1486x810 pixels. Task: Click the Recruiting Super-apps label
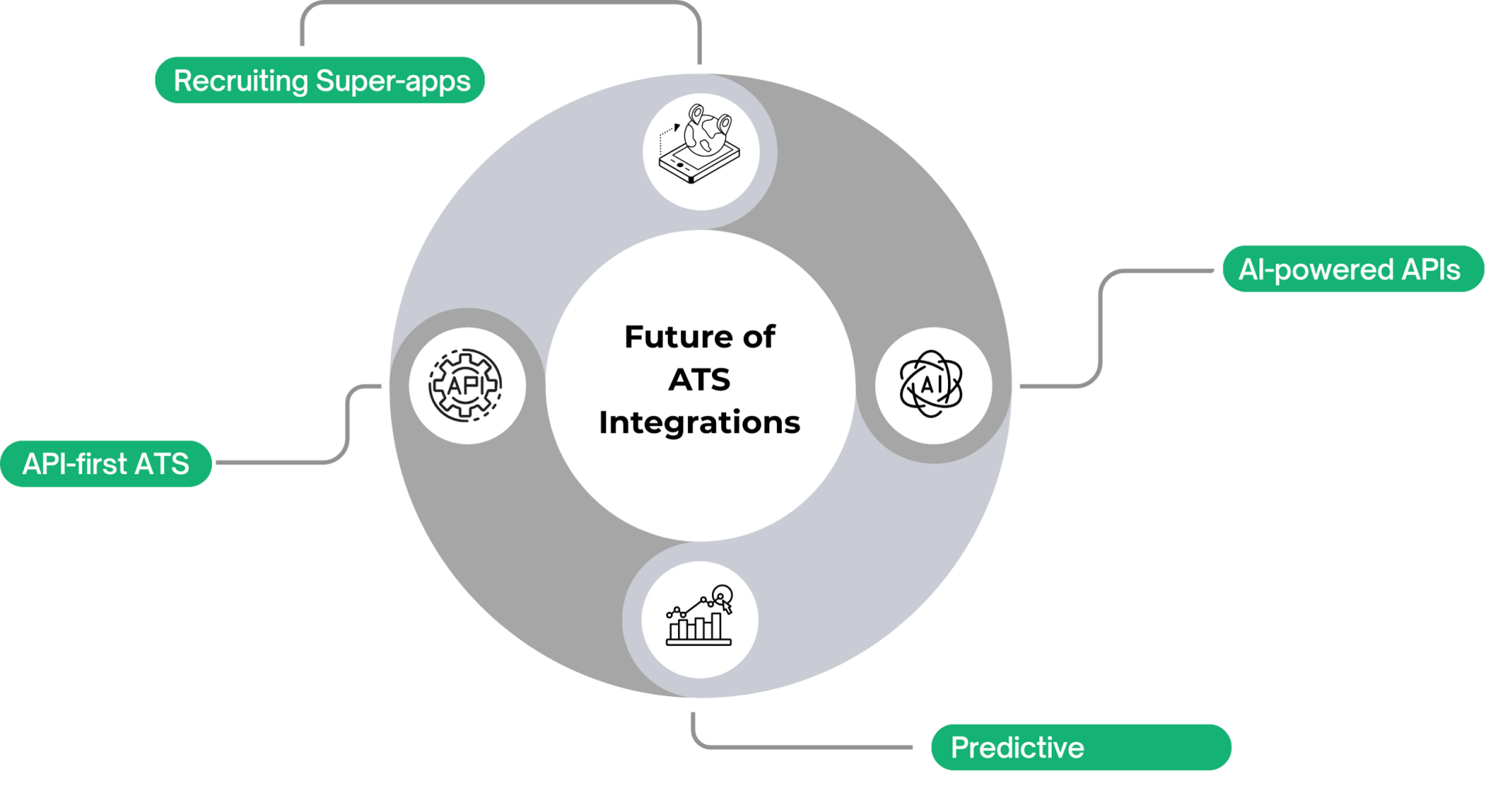(x=320, y=81)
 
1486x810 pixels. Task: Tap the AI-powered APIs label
(x=1350, y=269)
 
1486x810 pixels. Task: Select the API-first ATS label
(x=106, y=464)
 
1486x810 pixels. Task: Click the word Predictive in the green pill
(x=1017, y=747)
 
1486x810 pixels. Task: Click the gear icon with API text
(x=466, y=385)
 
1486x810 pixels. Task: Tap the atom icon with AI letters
(x=931, y=384)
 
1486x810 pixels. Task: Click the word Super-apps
(x=393, y=81)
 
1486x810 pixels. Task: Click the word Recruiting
(x=241, y=81)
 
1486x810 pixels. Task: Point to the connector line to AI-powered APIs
(x=1101, y=325)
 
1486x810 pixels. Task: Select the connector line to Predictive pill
(x=805, y=747)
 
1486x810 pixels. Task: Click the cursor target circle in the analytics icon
(x=721, y=595)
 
